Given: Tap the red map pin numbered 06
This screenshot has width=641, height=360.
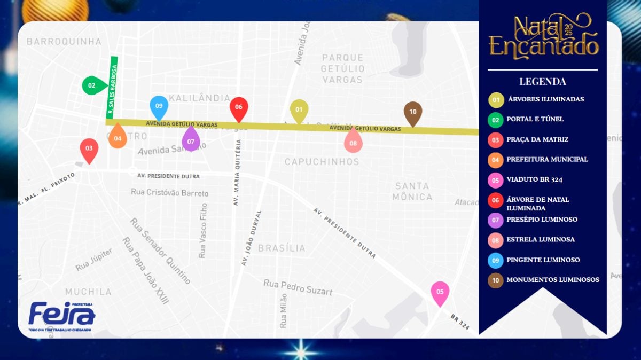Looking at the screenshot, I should pos(238,107).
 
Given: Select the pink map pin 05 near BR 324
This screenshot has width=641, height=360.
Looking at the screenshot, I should pos(440,292).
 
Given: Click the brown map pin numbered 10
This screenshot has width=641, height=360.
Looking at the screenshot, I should pos(412,112).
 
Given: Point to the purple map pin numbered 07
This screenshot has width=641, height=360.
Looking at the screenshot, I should pos(191,141).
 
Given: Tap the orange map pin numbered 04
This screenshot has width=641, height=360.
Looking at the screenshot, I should pos(118,138).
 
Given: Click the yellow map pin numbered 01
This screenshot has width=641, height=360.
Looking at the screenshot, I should pos(299,110).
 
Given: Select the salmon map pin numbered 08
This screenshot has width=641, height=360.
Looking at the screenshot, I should pos(353,143).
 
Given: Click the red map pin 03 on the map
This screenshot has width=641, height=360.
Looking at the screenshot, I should pos(89,149).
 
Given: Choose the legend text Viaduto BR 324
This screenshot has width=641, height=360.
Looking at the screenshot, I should pos(534,179).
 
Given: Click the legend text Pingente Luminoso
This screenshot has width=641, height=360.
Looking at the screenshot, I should pos(543,260).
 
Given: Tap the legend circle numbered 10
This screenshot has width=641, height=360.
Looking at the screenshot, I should pos(496,280).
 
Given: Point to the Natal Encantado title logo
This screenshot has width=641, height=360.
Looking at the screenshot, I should pos(543,36).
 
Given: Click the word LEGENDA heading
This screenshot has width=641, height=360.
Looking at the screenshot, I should pos(542,82).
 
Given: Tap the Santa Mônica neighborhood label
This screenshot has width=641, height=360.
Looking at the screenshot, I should pos(412,191).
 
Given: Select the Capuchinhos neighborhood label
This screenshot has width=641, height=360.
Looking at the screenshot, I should pos(322,161).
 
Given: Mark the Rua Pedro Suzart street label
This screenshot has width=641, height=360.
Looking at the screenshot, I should pos(298,287).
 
